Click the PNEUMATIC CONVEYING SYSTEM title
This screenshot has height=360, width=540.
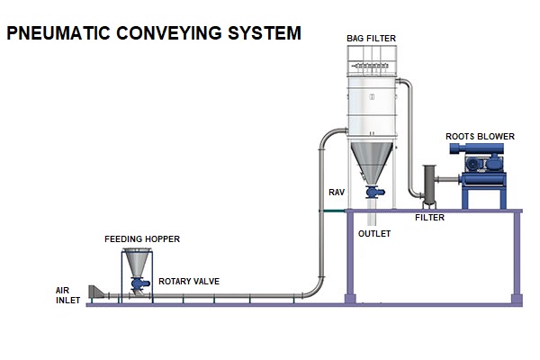coord(153,34)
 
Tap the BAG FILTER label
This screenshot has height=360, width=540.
coord(371,38)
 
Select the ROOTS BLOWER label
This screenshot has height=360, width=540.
coord(481,137)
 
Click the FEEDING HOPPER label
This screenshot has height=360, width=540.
coord(142,239)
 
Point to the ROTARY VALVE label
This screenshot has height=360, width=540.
coord(189,282)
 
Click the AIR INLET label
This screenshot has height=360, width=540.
coord(68,294)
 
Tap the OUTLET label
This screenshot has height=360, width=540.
coord(374,233)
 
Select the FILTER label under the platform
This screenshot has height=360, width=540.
coord(429,218)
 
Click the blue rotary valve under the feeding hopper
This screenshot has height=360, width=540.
coord(139,283)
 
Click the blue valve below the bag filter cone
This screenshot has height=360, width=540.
coord(372,191)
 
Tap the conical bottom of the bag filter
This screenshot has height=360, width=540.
coord(371,162)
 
